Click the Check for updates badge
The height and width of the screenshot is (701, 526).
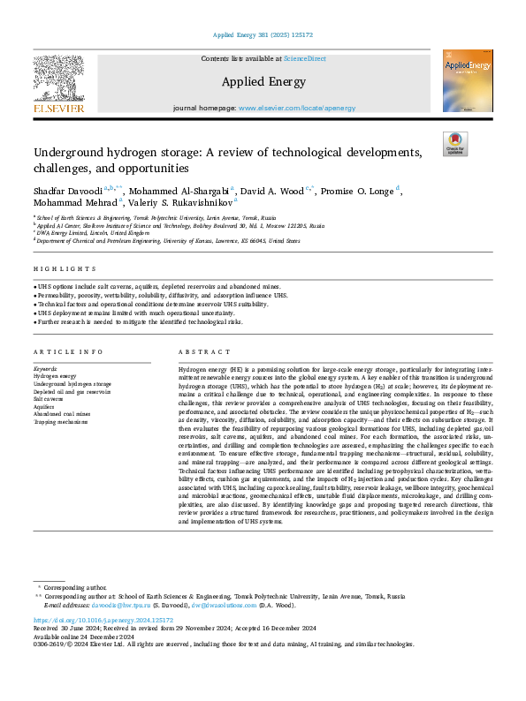point(454,144)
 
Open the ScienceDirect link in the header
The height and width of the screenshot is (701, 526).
point(303,57)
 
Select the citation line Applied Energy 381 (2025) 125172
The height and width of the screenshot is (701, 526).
point(263,34)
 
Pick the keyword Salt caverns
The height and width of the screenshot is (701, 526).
point(49,399)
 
